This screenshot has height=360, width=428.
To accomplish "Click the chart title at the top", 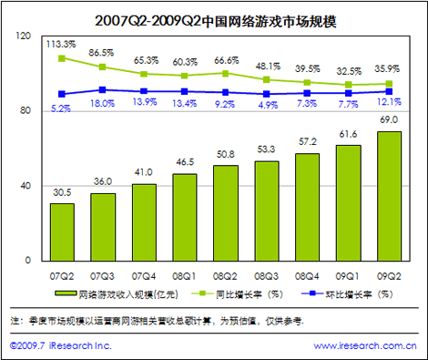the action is coord(216,21).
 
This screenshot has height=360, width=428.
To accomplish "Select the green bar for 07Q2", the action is coord(62,232).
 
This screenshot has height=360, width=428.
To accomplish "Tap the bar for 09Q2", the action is coord(389,196).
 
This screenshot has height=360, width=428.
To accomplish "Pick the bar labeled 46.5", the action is coord(185,217).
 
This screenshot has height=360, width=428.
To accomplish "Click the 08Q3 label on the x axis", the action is coord(266,276).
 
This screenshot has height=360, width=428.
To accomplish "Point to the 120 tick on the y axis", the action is coord(24,36).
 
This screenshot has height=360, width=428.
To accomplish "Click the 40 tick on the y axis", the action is coord(25,186).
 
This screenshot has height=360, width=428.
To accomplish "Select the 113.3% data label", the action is coord(61,45).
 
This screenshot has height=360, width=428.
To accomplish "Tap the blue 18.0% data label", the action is coord(103,104).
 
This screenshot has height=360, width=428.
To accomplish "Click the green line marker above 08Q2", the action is coord(225,74).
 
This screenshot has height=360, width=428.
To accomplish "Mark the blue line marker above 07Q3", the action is coord(103,90).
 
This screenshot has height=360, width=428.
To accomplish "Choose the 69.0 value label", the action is coord(389,119).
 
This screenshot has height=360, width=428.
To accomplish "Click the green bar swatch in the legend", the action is coord(66,293).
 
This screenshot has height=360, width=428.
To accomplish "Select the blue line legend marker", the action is coord(312,293).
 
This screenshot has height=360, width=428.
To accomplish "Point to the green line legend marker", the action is coord(202,293).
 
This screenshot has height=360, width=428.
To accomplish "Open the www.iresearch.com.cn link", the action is coord(365,345).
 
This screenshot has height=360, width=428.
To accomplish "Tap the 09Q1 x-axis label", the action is coord(347,276).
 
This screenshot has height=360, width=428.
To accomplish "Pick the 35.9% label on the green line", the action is coord(387,69).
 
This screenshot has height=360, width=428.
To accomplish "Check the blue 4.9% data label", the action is coord(268,105).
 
